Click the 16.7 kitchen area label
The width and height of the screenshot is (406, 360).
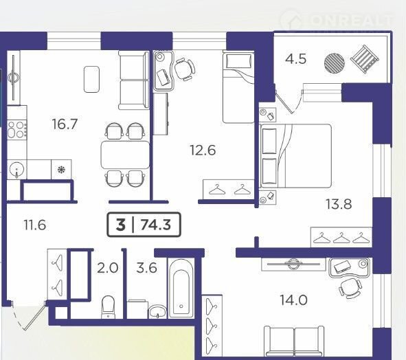[65, 124]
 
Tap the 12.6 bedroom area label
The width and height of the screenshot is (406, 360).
[203, 150]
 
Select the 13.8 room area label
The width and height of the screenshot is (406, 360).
[339, 204]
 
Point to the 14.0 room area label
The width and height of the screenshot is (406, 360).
[293, 300]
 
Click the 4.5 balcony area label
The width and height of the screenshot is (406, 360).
[295, 59]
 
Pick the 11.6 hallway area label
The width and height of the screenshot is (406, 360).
[35, 225]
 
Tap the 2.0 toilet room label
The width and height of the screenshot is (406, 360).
[108, 268]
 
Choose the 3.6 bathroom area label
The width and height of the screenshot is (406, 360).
[146, 268]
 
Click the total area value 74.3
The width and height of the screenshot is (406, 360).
[156, 225]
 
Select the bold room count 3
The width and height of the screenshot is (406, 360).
[121, 225]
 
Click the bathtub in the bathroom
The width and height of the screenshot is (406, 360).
[181, 289]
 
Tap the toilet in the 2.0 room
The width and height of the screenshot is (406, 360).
[108, 307]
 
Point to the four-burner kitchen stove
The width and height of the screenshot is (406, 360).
[16, 129]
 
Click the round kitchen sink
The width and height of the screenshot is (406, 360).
[16, 170]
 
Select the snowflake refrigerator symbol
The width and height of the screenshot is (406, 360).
[61, 170]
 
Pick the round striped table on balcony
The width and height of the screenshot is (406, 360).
[335, 63]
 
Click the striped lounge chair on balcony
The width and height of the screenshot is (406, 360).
[364, 59]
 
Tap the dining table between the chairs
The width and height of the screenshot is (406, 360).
[125, 155]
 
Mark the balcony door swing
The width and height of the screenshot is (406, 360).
[289, 102]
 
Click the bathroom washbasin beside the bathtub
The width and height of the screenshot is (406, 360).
[158, 312]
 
